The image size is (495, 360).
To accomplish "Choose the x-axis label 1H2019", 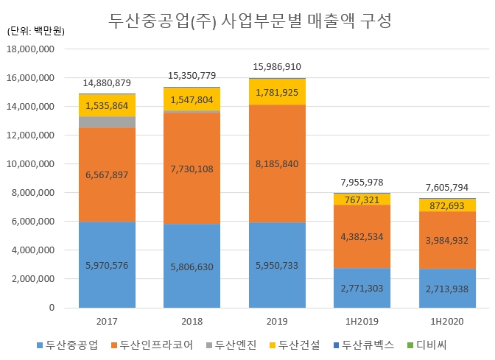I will tap(362, 322).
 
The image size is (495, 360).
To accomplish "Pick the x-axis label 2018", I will tap(192, 322).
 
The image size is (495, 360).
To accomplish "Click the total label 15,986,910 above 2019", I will tap(277, 66).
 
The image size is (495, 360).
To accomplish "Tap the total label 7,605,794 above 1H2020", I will tap(447, 187).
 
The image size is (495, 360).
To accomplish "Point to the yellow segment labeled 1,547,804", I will tap(192, 99).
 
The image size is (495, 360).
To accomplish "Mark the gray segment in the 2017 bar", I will tap(108, 122).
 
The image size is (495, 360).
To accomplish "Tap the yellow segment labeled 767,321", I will tap(362, 200).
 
